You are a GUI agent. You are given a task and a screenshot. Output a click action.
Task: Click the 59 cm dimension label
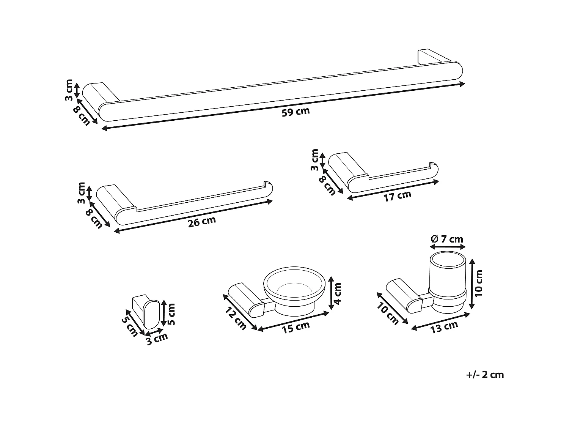(x=296, y=112)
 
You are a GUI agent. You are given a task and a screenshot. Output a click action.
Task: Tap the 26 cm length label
(x=202, y=222)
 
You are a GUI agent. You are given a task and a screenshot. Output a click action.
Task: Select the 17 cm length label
(x=397, y=196)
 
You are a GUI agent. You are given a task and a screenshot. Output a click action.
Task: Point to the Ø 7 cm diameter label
(x=447, y=239)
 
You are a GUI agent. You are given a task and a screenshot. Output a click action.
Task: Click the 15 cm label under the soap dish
(x=296, y=327)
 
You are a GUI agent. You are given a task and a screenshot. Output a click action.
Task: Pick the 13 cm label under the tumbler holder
(x=444, y=326)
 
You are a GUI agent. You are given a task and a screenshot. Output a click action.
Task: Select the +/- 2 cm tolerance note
(x=485, y=375)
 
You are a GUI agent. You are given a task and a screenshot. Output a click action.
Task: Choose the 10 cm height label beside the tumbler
(x=479, y=283)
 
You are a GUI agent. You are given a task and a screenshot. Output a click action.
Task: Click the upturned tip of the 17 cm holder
(x=434, y=167)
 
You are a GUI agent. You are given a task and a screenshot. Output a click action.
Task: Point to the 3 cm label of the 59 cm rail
(x=69, y=90)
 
